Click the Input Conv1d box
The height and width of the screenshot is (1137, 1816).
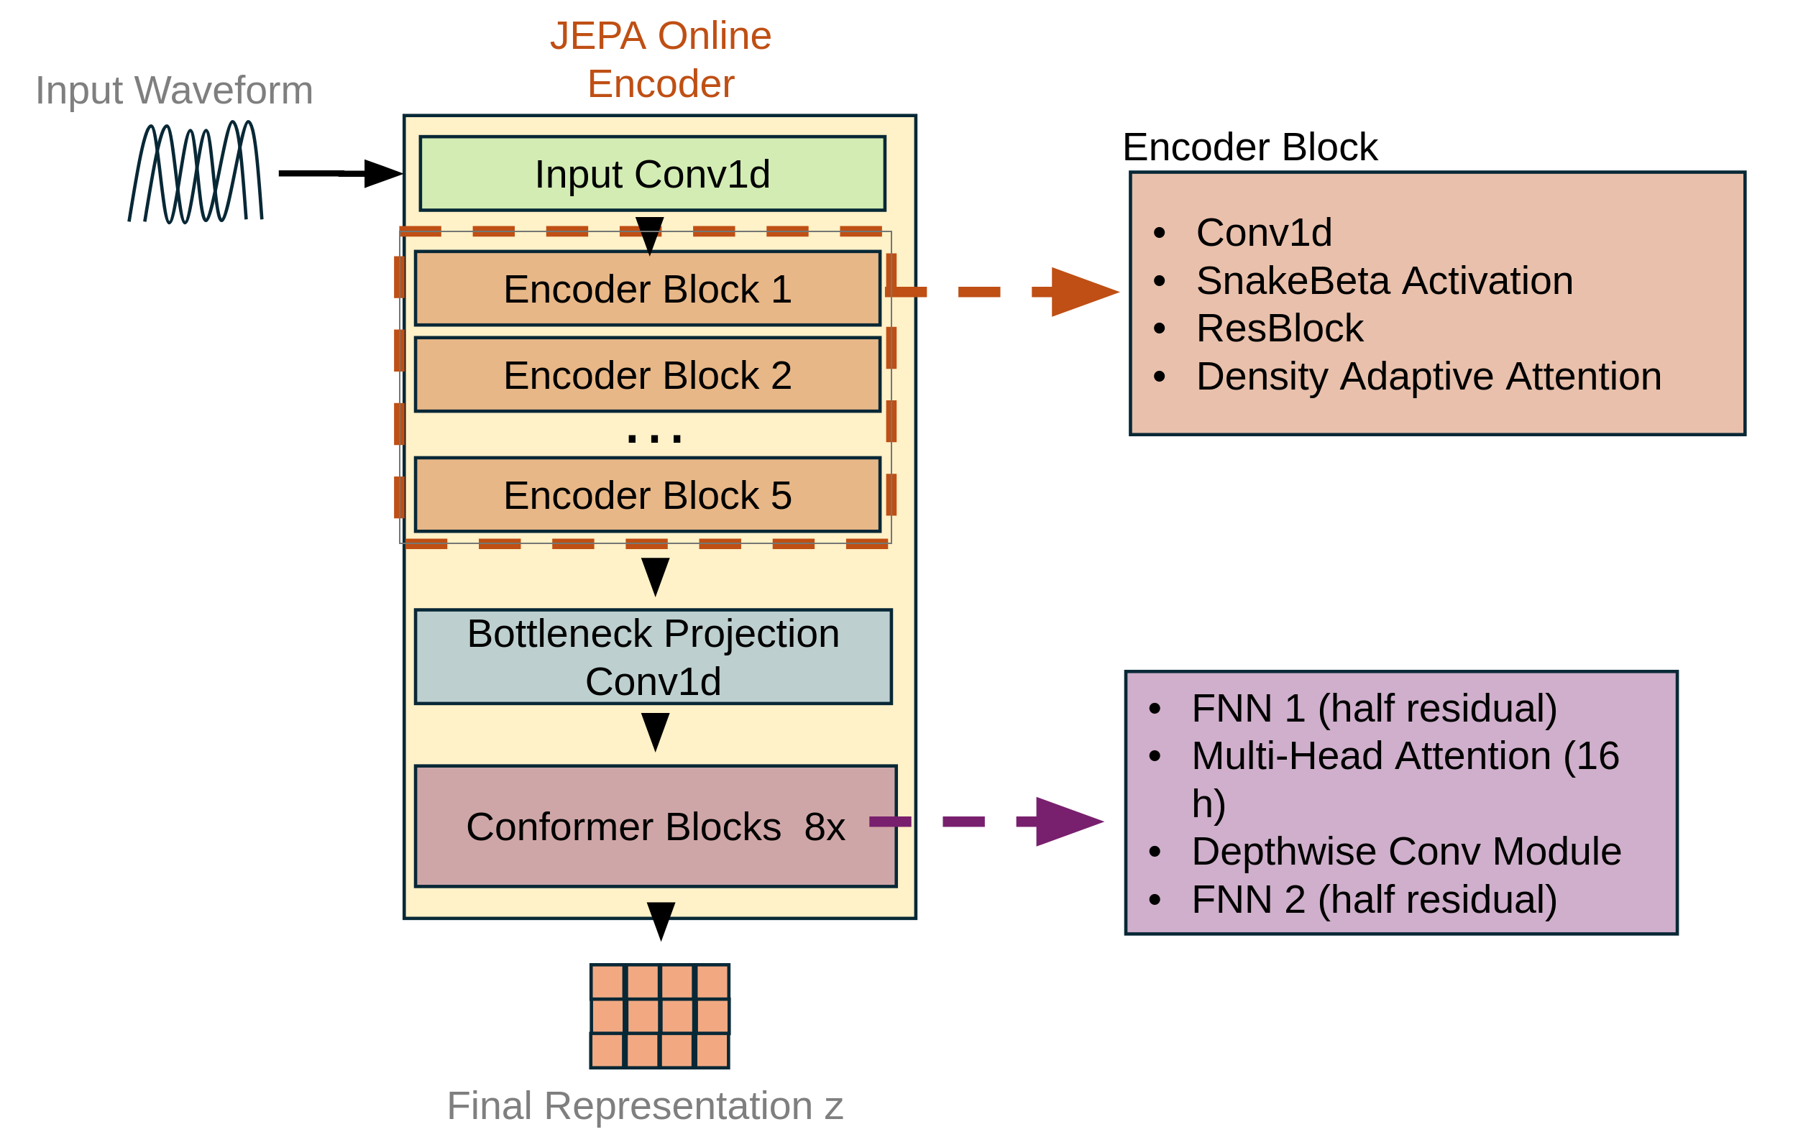(652, 174)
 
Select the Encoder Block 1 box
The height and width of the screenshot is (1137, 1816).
(648, 289)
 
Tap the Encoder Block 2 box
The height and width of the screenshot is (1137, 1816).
(648, 374)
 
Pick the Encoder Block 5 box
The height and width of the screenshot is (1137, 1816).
(648, 494)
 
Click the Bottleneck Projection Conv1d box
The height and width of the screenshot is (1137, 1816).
(653, 656)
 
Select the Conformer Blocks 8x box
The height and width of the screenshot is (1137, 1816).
(655, 827)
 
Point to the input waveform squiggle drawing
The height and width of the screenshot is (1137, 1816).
(196, 172)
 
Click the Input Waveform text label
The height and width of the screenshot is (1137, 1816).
(174, 91)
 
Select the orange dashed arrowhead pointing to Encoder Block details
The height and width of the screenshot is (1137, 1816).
(1083, 292)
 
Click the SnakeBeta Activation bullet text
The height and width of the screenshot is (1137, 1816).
(1384, 280)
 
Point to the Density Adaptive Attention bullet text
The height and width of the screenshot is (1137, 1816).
(1428, 376)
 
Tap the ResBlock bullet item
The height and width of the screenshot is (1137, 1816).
(1279, 328)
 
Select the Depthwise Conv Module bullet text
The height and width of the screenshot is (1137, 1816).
(1405, 852)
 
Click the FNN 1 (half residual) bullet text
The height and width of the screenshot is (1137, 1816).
(1374, 709)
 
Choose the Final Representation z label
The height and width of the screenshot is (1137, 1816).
(644, 1105)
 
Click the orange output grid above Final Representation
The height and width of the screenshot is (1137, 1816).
(659, 1016)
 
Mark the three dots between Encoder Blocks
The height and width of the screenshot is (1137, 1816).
(654, 438)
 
